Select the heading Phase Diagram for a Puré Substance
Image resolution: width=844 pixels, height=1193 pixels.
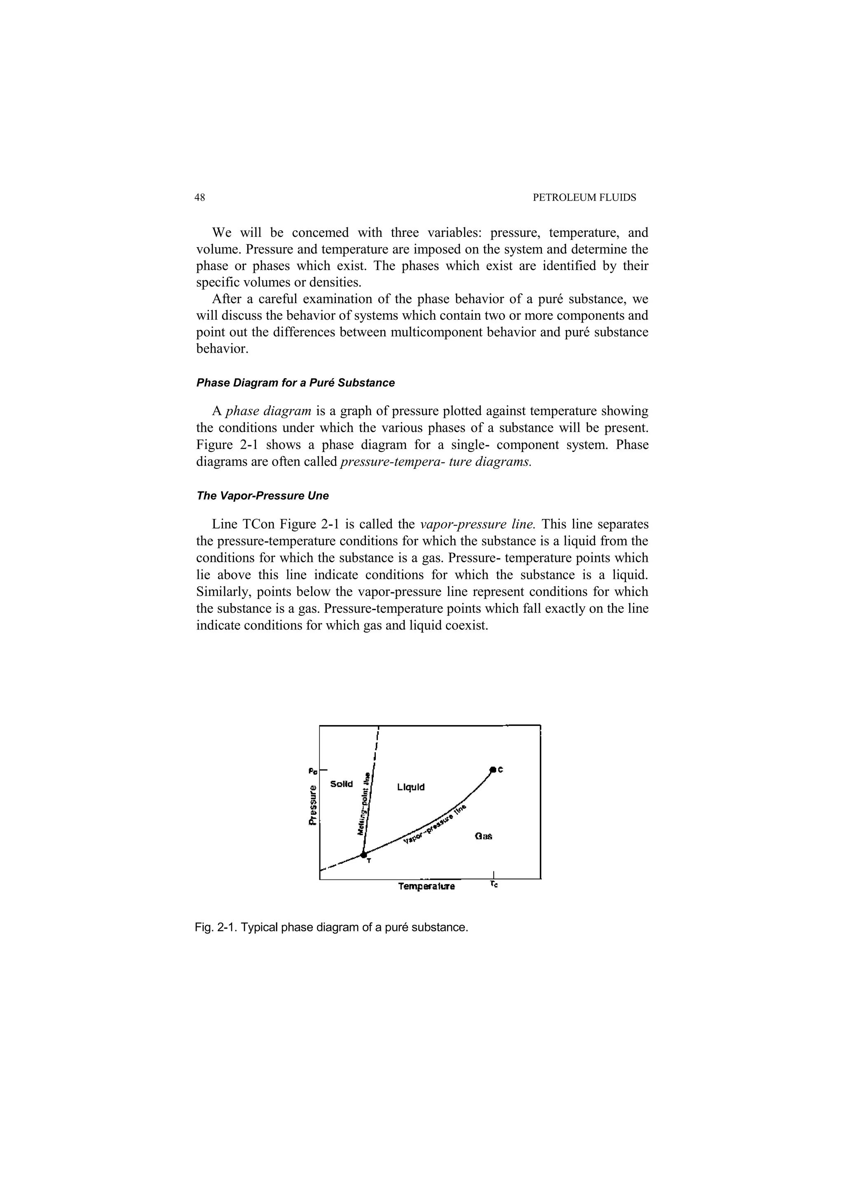295,383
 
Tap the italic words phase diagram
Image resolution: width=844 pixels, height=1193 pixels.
269,412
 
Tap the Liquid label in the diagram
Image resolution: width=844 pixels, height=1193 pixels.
410,787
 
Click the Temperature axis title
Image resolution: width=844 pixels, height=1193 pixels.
426,887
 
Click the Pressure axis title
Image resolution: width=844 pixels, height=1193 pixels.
312,805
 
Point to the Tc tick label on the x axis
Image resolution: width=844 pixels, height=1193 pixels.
494,884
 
